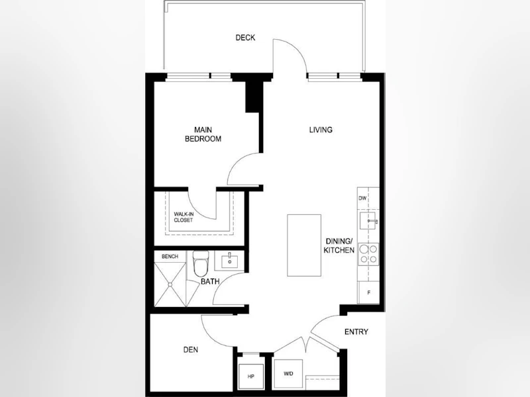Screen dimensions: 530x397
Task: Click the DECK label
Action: (x=245, y=38)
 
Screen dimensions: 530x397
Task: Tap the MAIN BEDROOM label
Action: (x=203, y=134)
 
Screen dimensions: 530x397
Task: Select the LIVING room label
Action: (x=321, y=130)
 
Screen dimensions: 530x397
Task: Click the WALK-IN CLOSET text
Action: (x=184, y=217)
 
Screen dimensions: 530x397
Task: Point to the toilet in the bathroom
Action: (x=201, y=263)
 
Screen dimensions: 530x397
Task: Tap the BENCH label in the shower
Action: (x=170, y=257)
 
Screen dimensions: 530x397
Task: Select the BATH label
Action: (x=210, y=281)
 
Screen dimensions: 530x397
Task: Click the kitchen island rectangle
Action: (x=304, y=245)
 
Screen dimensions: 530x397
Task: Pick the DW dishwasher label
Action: (x=362, y=198)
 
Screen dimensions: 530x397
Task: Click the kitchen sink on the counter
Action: (x=368, y=221)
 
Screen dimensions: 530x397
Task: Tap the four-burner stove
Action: (x=368, y=254)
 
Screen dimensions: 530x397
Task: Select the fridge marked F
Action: (x=368, y=292)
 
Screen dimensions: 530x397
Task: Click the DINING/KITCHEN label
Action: (x=339, y=245)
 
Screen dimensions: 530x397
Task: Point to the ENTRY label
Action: (x=356, y=332)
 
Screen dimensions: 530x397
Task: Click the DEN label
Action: (x=191, y=350)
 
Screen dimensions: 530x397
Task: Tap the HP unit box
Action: (x=251, y=376)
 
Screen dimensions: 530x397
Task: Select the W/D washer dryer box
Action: (x=288, y=374)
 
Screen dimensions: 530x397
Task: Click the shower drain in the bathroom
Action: (x=170, y=285)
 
